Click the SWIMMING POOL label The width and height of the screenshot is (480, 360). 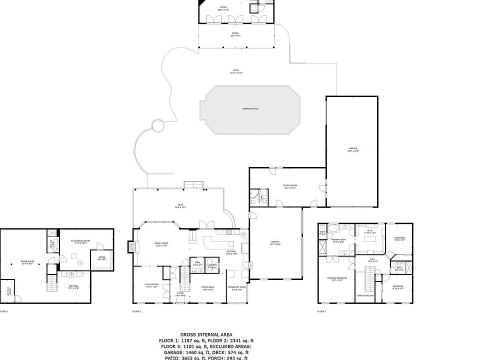pyautogui.click(x=250, y=108)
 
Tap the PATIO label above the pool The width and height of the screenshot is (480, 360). pyautogui.click(x=236, y=71)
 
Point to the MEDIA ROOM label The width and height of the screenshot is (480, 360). pyautogui.click(x=27, y=262)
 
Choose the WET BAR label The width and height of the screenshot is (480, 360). pyautogui.click(x=73, y=287)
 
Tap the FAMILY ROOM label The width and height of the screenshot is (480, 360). pyautogui.click(x=161, y=244)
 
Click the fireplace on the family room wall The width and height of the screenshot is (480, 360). pyautogui.click(x=131, y=246)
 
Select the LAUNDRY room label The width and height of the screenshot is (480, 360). pyautogui.click(x=212, y=265)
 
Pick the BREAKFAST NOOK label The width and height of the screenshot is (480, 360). pyautogui.click(x=236, y=287)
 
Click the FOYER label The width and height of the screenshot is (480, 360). pyautogui.click(x=180, y=293)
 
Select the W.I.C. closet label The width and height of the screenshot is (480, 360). pyautogui.click(x=370, y=232)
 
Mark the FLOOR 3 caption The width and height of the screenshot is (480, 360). pyautogui.click(x=321, y=311)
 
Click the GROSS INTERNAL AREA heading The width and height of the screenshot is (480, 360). pyautogui.click(x=206, y=334)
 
